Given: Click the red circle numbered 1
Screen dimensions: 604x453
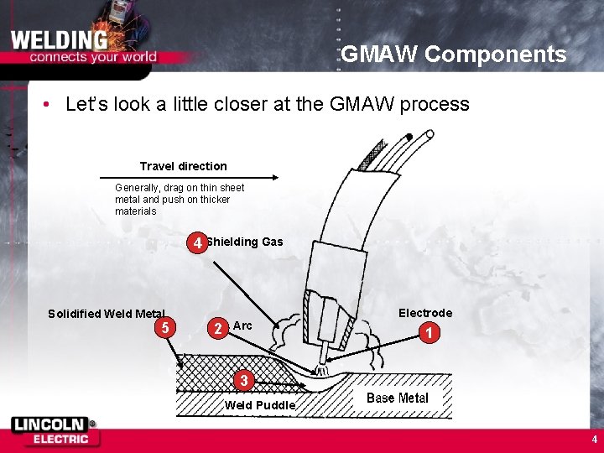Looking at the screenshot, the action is pyautogui.click(x=429, y=333).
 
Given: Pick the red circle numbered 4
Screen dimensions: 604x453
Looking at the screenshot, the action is pyautogui.click(x=197, y=244).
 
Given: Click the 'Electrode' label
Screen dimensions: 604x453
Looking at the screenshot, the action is pyautogui.click(x=425, y=313).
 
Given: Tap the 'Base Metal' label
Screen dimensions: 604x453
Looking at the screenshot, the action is pyautogui.click(x=398, y=398).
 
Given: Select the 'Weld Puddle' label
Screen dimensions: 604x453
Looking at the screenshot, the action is pyautogui.click(x=260, y=405).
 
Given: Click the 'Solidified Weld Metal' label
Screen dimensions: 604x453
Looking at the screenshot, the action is pyautogui.click(x=107, y=314).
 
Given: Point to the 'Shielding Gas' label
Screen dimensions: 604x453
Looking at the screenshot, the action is pyautogui.click(x=245, y=242).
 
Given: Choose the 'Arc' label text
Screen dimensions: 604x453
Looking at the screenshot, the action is pyautogui.click(x=242, y=325).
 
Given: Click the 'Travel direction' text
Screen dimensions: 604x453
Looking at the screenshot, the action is pyautogui.click(x=183, y=166).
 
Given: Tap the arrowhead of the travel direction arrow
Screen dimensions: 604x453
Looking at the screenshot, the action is pyautogui.click(x=273, y=177).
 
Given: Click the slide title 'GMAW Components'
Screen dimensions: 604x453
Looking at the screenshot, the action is pyautogui.click(x=453, y=55).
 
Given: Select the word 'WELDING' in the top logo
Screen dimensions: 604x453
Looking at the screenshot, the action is pyautogui.click(x=59, y=40).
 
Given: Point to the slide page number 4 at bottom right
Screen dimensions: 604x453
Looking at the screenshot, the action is pyautogui.click(x=594, y=439).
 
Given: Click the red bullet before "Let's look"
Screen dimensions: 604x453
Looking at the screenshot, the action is pyautogui.click(x=49, y=105).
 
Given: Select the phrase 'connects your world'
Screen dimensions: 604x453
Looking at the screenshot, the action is pyautogui.click(x=93, y=57).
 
